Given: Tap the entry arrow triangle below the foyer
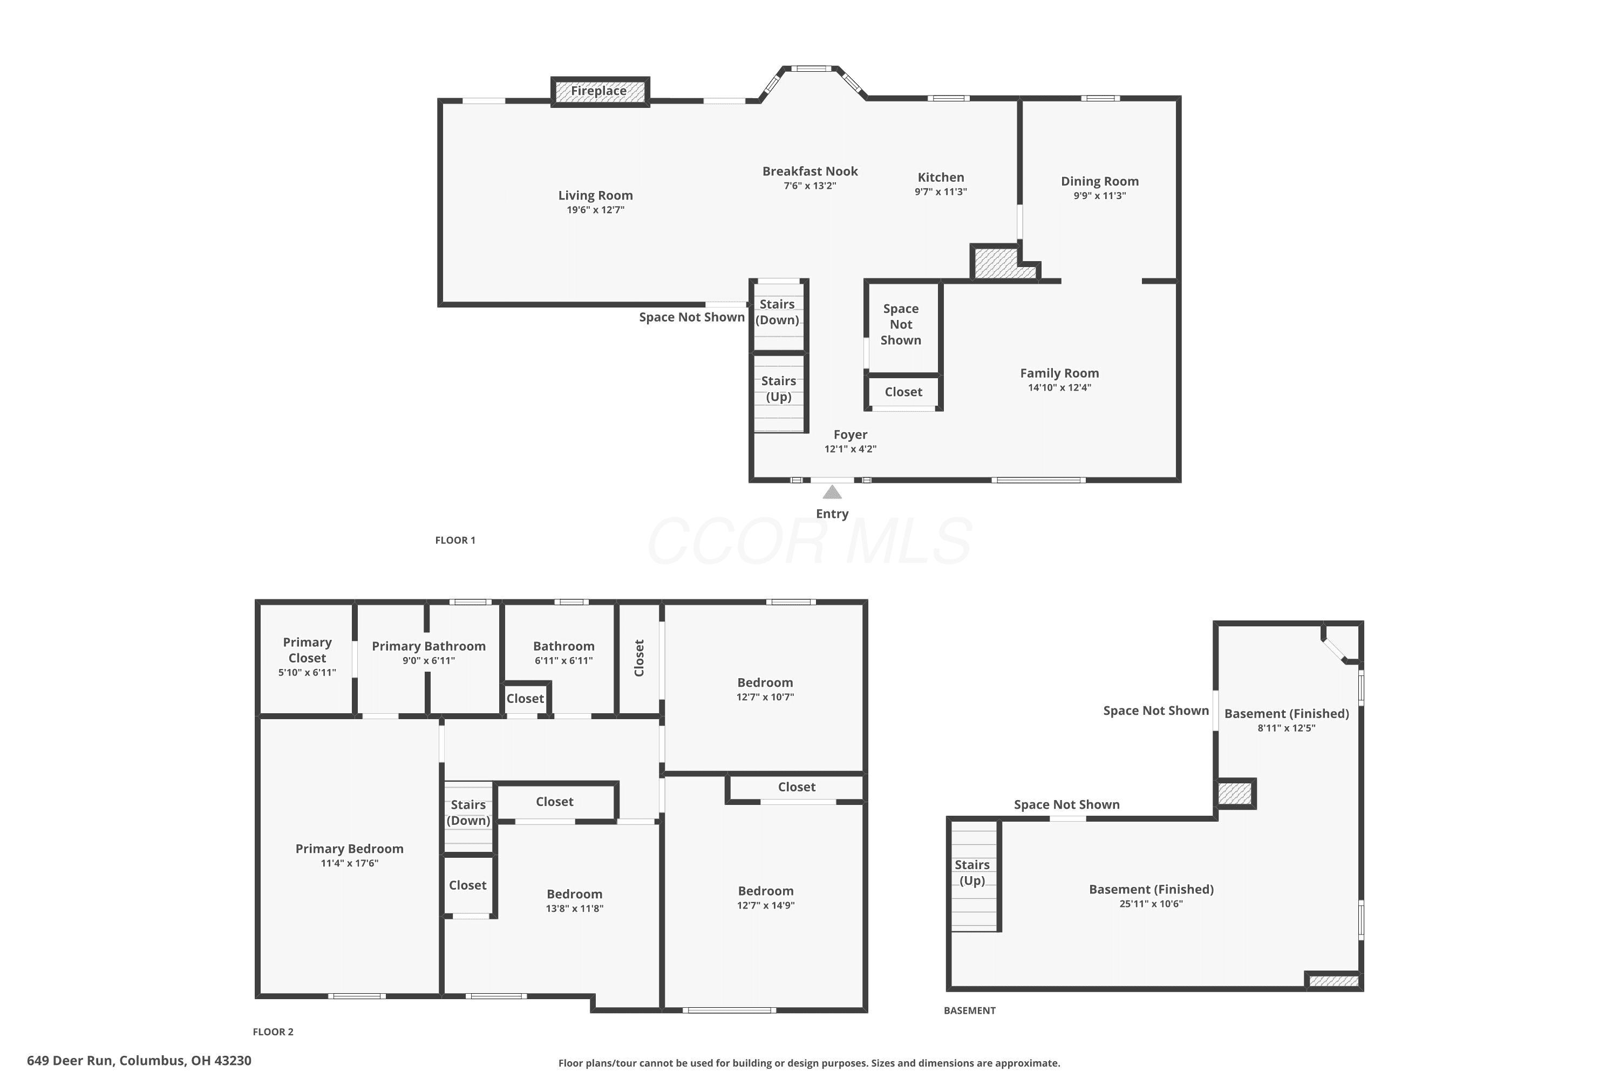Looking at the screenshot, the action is [832, 492].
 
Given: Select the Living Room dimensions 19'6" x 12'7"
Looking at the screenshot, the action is [595, 210].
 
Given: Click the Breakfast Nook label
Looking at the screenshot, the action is [809, 172].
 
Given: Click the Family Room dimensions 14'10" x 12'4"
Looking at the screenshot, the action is [1059, 387].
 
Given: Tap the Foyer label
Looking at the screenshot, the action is [850, 435].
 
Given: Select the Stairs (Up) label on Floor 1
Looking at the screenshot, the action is [779, 389].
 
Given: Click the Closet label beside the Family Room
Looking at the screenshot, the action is [903, 392].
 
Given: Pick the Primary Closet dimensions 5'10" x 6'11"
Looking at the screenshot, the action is [307, 672].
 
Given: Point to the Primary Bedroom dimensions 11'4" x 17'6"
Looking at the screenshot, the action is [350, 864].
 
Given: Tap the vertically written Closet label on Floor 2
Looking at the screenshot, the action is [639, 658].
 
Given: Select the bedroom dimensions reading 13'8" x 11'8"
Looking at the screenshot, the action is [575, 909].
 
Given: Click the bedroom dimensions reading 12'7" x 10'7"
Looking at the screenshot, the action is [765, 697].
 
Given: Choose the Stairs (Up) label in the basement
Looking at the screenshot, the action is [972, 872].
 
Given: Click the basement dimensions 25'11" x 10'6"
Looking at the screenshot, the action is [1151, 904].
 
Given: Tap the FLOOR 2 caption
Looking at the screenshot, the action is [273, 1032].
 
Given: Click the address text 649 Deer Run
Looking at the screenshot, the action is [70, 1061].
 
